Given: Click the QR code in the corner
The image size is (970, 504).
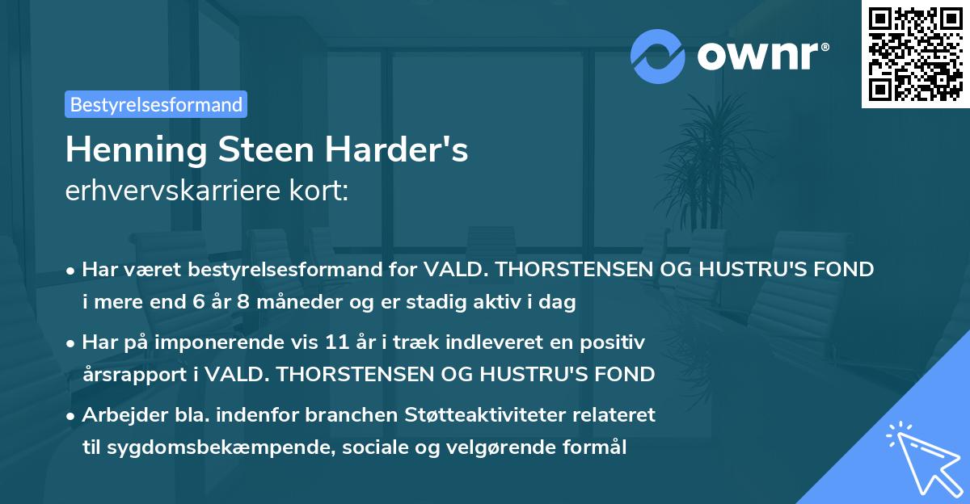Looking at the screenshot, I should pos(915,54).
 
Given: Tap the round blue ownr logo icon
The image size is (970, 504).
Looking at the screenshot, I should pos(657,56).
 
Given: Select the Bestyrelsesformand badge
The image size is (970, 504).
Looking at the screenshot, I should pos(156,104).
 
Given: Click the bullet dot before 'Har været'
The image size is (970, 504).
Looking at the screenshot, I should pos(72,271).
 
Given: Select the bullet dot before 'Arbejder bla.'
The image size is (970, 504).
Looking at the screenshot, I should pos(72,416).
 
